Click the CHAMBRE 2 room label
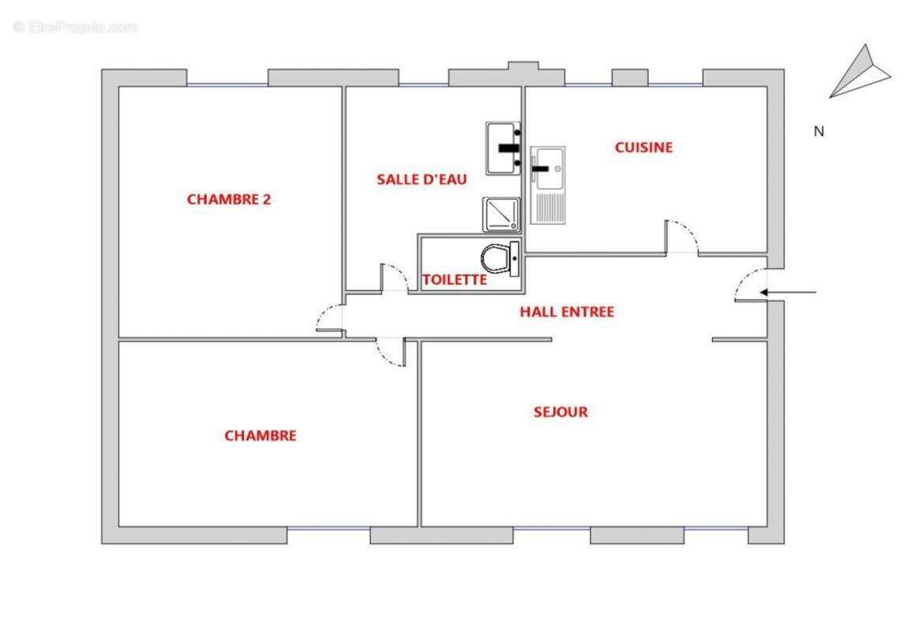pos(228,200)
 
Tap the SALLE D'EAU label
pos(422,180)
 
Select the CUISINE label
pos(643,147)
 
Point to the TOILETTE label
pos(454,280)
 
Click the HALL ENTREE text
pos(566,312)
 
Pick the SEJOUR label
pos(561,412)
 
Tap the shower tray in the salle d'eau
pos(501,214)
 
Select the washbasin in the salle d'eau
pos(503,147)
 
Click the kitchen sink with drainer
pos(547,185)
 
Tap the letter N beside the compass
pos(819,132)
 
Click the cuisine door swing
pos(681,237)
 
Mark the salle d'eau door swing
pos(394,278)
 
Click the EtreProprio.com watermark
pos(76,27)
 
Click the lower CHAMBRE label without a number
pos(261,435)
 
